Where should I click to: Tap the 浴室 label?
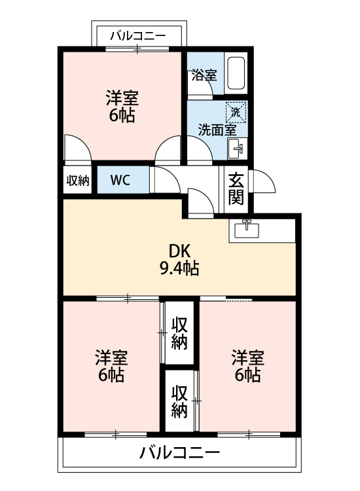tap(204, 75)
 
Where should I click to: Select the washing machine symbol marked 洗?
tap(236, 113)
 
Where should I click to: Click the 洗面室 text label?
tap(217, 129)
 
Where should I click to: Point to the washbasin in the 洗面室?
tap(237, 149)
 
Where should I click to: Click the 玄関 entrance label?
tap(236, 188)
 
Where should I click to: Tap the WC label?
tap(119, 180)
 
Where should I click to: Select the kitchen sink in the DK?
tap(246, 230)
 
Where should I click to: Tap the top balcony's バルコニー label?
tap(138, 35)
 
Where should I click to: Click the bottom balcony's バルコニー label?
tap(179, 452)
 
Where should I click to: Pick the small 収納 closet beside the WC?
tap(78, 180)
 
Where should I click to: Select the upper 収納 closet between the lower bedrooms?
tap(179, 333)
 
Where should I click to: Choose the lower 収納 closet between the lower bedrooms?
tap(179, 401)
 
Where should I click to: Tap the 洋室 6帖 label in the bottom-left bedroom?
tap(111, 366)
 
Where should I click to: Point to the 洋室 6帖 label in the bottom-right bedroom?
tap(247, 366)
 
